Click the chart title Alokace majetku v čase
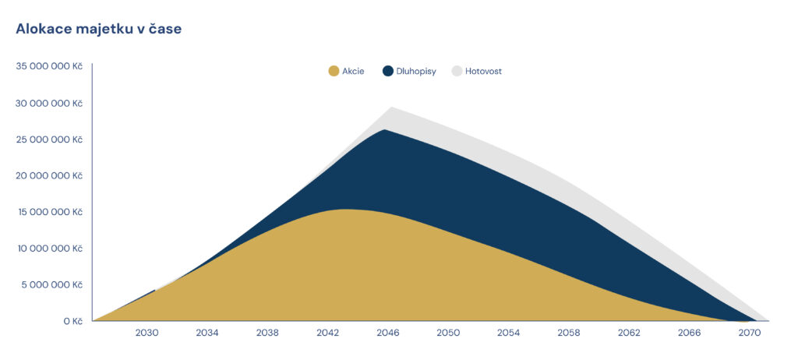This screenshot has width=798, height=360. (99, 29)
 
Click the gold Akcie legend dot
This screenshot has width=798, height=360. (334, 71)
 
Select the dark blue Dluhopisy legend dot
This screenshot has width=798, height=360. (388, 71)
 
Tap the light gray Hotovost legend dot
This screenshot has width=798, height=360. (457, 71)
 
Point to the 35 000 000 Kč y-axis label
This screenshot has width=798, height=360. (50, 66)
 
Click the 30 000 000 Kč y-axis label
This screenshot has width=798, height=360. (50, 103)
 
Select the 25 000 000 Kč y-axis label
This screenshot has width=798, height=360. (50, 139)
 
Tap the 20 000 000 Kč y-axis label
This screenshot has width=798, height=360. (50, 175)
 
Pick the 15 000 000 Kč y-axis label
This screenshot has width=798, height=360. (50, 212)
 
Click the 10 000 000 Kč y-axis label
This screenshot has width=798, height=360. (50, 248)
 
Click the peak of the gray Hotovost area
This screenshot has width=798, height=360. (390, 108)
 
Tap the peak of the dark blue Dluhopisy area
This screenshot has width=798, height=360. (384, 130)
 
